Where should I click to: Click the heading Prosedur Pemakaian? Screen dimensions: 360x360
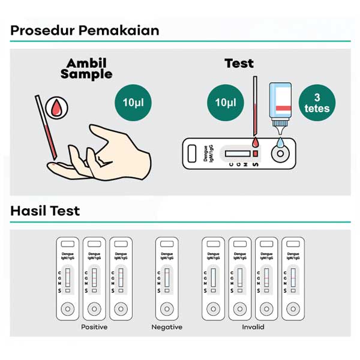85,31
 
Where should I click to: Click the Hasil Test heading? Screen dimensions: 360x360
45,211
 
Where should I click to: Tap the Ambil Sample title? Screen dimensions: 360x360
86,68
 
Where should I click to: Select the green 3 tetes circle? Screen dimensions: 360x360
317,103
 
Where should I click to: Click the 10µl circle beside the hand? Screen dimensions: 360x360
133,103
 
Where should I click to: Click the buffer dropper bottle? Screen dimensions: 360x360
280,108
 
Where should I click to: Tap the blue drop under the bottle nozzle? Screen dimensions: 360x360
280,142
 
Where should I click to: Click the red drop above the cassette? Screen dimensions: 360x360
256,142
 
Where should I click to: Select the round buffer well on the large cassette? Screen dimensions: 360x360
280,154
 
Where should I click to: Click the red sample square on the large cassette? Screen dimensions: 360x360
256,154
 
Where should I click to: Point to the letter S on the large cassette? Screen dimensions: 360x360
256,164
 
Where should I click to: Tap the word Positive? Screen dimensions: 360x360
94,327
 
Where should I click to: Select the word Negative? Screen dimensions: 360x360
167,327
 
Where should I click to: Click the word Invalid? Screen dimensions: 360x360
253,327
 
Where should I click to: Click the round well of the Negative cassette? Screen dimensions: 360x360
167,309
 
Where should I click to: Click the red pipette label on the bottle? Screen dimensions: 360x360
283,109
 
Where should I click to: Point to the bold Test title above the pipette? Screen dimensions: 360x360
239,64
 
